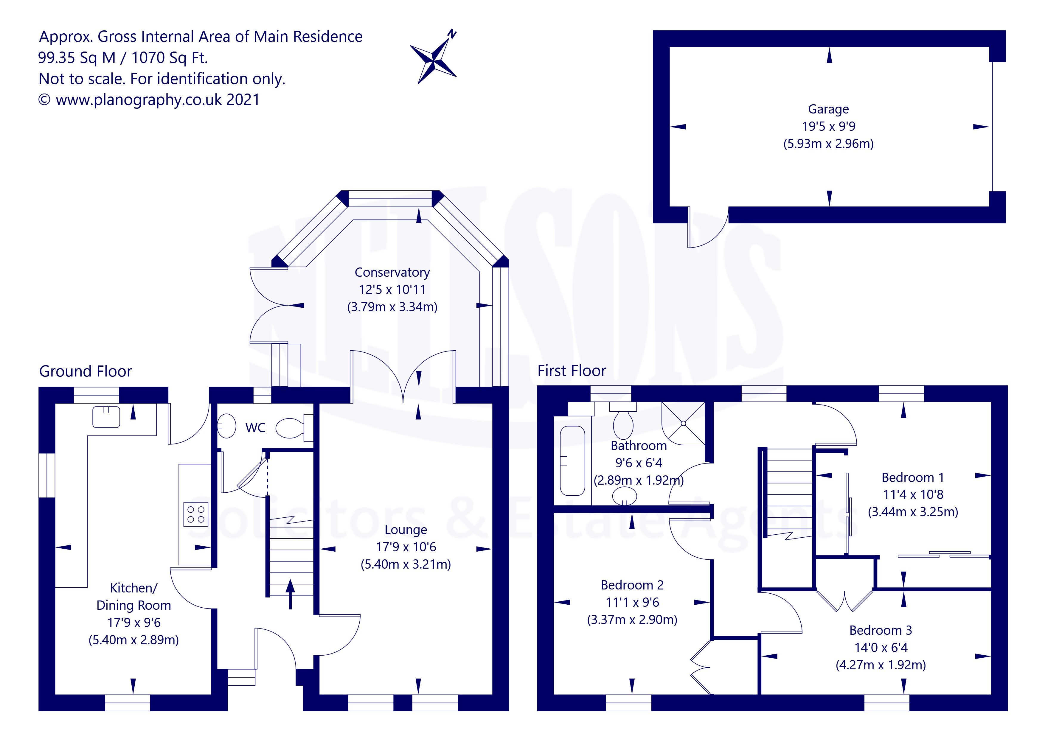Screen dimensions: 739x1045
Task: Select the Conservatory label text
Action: (392, 272)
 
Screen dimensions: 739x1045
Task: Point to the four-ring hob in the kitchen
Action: (196, 515)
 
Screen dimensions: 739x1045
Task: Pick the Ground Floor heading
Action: (86, 371)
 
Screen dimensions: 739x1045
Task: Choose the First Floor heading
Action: (572, 371)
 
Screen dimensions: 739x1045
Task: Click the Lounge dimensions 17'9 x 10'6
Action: (406, 547)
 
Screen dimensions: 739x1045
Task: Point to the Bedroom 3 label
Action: (881, 630)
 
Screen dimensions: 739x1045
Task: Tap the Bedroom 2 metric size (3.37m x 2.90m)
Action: (632, 620)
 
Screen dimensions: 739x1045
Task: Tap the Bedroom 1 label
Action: (913, 477)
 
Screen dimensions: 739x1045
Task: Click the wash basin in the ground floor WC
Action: (226, 426)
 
